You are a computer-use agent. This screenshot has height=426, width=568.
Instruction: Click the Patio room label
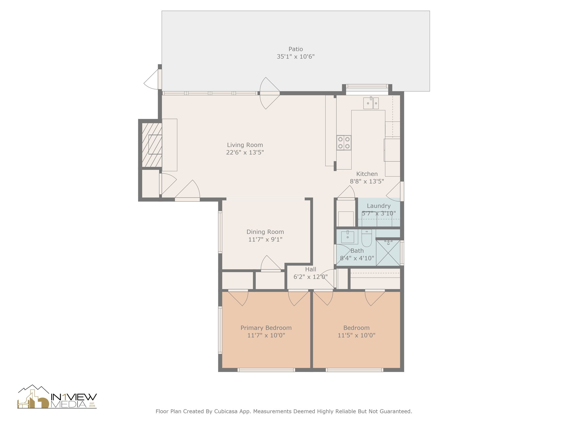[x=296, y=49]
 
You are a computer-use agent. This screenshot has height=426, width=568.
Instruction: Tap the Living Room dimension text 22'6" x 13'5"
[x=245, y=152]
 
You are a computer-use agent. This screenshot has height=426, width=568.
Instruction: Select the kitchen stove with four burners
[x=344, y=143]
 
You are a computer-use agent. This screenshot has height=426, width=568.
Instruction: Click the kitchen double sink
[x=371, y=103]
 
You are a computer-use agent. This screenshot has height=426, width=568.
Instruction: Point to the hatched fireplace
[x=152, y=145]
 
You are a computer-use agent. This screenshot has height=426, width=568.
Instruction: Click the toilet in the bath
[x=367, y=238]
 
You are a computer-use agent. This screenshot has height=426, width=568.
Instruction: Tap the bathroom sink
[x=348, y=237]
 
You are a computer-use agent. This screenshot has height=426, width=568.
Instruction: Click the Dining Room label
[x=265, y=232]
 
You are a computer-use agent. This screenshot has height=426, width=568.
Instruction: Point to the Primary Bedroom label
[x=266, y=328]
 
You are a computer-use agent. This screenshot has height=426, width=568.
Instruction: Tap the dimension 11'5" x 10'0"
[x=356, y=335]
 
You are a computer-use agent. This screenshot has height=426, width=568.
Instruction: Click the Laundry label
[x=379, y=206]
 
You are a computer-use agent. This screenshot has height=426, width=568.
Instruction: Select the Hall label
[x=311, y=269]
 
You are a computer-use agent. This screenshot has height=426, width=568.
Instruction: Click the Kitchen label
[x=367, y=174]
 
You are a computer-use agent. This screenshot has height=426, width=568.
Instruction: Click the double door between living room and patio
[x=270, y=93]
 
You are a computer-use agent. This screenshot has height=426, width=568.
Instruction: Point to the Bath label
[x=357, y=251]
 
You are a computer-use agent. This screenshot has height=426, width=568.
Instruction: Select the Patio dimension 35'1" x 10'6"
[x=296, y=57]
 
